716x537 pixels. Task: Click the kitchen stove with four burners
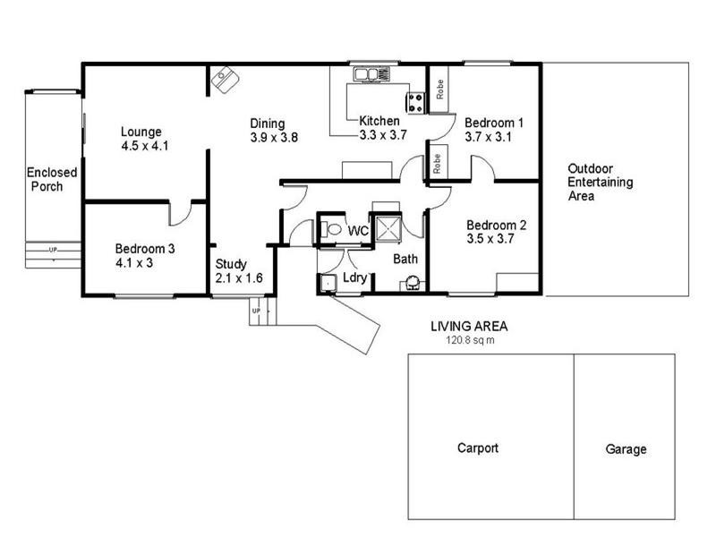click(x=416, y=102)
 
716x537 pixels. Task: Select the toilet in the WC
click(x=331, y=230)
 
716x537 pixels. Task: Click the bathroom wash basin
click(x=413, y=284)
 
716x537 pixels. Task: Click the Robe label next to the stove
click(x=439, y=89)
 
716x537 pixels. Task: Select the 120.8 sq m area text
click(x=470, y=340)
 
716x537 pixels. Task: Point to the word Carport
click(x=477, y=448)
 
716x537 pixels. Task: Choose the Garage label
click(x=625, y=449)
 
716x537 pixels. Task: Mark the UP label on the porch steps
click(x=52, y=250)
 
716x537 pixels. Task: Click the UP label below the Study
click(x=257, y=311)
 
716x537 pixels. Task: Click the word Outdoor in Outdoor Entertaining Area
click(x=588, y=168)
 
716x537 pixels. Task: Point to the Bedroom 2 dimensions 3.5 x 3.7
click(x=487, y=239)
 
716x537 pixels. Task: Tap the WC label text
click(x=358, y=231)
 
